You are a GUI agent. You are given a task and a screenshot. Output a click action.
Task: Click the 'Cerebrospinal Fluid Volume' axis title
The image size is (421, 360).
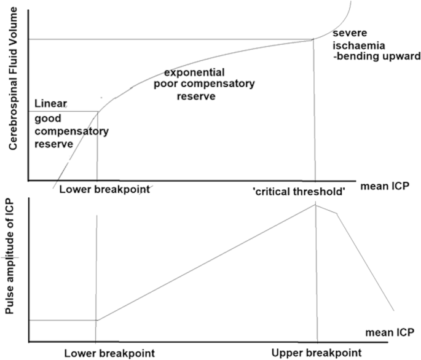tap(13, 79)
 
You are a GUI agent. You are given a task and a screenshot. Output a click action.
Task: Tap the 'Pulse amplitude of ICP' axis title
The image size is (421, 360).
tap(10, 256)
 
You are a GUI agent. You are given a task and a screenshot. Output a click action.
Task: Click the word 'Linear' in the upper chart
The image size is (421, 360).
tap(51, 103)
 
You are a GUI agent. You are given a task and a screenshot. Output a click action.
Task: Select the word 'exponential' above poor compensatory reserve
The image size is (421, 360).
tap(194, 72)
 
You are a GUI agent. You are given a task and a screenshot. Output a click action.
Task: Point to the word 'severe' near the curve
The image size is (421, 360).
tap(350, 33)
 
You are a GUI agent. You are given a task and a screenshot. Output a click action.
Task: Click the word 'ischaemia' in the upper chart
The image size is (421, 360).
tap(359, 45)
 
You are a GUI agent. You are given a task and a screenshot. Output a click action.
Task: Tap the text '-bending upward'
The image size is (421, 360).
tap(377, 57)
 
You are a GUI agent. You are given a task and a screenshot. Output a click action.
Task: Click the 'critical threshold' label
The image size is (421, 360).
tap(299, 192)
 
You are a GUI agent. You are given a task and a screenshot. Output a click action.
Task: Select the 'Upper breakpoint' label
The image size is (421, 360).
tap(317, 353)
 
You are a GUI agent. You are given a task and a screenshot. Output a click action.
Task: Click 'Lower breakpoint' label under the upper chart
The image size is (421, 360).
tap(104, 189)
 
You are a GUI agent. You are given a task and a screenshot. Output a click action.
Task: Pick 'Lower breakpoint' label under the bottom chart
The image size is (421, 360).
tap(109, 353)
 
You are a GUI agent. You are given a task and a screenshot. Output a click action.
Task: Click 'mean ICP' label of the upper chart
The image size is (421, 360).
tap(385, 186)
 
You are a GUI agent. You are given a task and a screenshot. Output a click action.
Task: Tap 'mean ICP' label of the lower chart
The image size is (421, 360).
tap(390, 332)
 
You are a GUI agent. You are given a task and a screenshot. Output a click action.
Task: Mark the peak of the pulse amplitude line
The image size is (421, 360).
tap(316, 205)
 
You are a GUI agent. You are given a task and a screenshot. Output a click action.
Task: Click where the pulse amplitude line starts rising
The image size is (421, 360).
tap(97, 320)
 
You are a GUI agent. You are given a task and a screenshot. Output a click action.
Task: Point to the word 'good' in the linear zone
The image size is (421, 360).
tap(48, 119)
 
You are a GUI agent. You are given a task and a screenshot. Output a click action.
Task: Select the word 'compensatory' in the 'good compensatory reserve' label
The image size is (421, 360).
tap(72, 131)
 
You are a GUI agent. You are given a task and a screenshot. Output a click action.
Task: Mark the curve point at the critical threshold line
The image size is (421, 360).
tap(313, 40)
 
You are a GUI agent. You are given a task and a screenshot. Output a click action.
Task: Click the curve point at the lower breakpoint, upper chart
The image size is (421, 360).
tap(98, 112)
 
